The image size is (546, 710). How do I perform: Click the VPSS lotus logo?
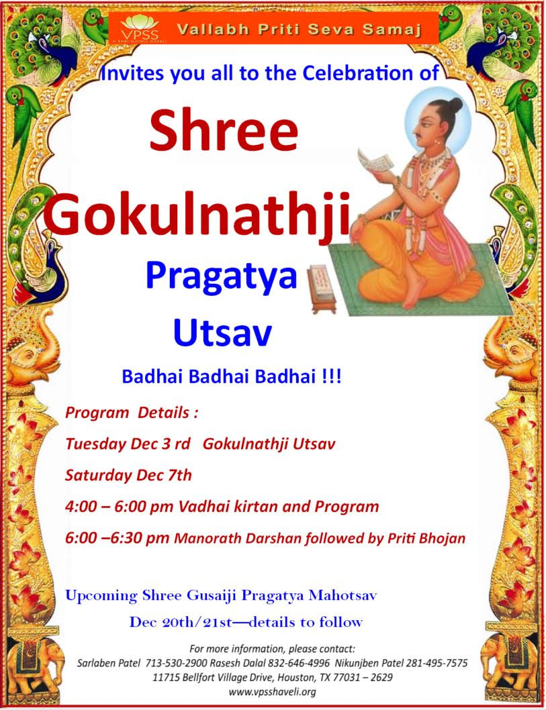click(x=140, y=29)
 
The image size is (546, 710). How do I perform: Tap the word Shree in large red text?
click(x=224, y=130)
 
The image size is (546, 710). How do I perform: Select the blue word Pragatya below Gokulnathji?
click(x=221, y=277)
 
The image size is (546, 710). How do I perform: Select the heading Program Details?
click(x=132, y=413)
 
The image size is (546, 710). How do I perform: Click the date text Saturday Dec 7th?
click(x=128, y=475)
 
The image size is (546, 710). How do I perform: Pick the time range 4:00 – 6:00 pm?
click(x=119, y=506)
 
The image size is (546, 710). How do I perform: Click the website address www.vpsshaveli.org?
click(x=272, y=692)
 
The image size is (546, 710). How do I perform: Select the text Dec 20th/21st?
click(x=181, y=622)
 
